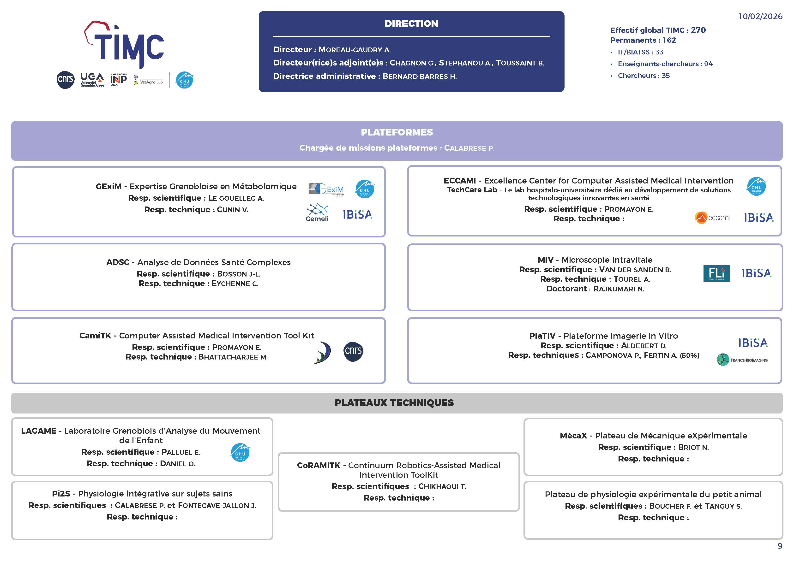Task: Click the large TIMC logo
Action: point(125,45)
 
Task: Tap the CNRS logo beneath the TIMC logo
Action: point(65,80)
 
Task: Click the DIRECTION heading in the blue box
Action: point(411,24)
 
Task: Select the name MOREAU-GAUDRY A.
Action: point(355,50)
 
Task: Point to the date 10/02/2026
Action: point(760,16)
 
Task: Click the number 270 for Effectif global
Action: point(698,30)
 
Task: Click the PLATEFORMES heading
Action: point(397,132)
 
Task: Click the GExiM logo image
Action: point(326,190)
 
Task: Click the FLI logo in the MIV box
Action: point(716,273)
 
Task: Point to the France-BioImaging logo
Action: point(742,360)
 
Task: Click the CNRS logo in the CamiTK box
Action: point(353,352)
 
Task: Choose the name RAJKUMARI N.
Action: point(619,289)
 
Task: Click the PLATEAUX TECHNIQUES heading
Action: point(394,403)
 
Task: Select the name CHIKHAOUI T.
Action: point(442,487)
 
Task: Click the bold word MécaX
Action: point(573,436)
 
